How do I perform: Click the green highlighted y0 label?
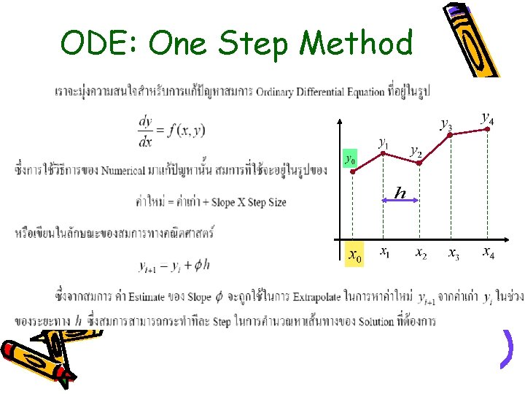(351, 158)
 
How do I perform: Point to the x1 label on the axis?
(384, 252)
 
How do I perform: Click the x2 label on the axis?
(421, 253)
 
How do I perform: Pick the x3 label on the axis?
(454, 254)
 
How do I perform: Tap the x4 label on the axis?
(488, 253)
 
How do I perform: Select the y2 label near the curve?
(415, 150)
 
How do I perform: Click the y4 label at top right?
(487, 117)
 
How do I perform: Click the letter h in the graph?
(400, 193)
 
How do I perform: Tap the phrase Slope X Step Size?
(248, 201)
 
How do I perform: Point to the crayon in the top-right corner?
(472, 40)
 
